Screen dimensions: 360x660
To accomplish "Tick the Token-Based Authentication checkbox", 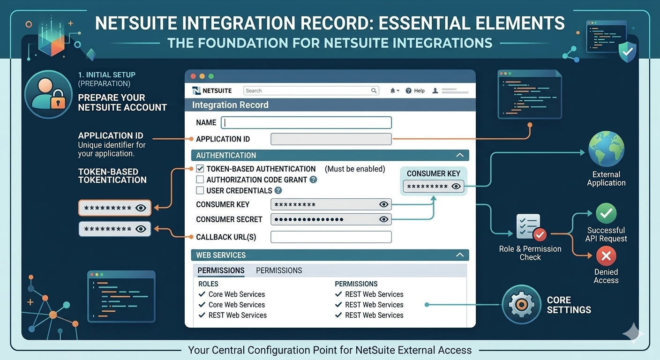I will tap(200, 169).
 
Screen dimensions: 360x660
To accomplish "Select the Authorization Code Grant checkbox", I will tap(200, 180).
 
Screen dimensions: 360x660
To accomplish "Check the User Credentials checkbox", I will tap(200, 190).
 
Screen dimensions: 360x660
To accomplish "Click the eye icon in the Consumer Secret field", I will tap(383, 219).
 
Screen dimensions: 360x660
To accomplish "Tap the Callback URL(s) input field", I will tap(331, 237).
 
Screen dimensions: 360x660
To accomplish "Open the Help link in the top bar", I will tap(415, 91).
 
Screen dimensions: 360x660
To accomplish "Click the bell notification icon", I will tap(393, 91).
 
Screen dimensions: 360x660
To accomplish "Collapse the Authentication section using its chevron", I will tap(460, 155).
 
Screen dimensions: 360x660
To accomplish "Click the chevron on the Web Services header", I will tap(460, 255).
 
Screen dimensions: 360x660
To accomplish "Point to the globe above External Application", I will tap(606, 150).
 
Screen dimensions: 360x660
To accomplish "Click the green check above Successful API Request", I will tap(606, 214).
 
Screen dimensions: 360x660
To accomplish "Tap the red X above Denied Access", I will tap(606, 256).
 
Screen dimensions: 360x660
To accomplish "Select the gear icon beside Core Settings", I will tap(521, 305).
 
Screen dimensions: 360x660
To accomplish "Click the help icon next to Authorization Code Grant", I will tap(314, 180).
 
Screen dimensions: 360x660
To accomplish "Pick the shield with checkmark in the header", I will tap(627, 52).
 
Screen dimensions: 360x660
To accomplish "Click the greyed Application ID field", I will tap(331, 139).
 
